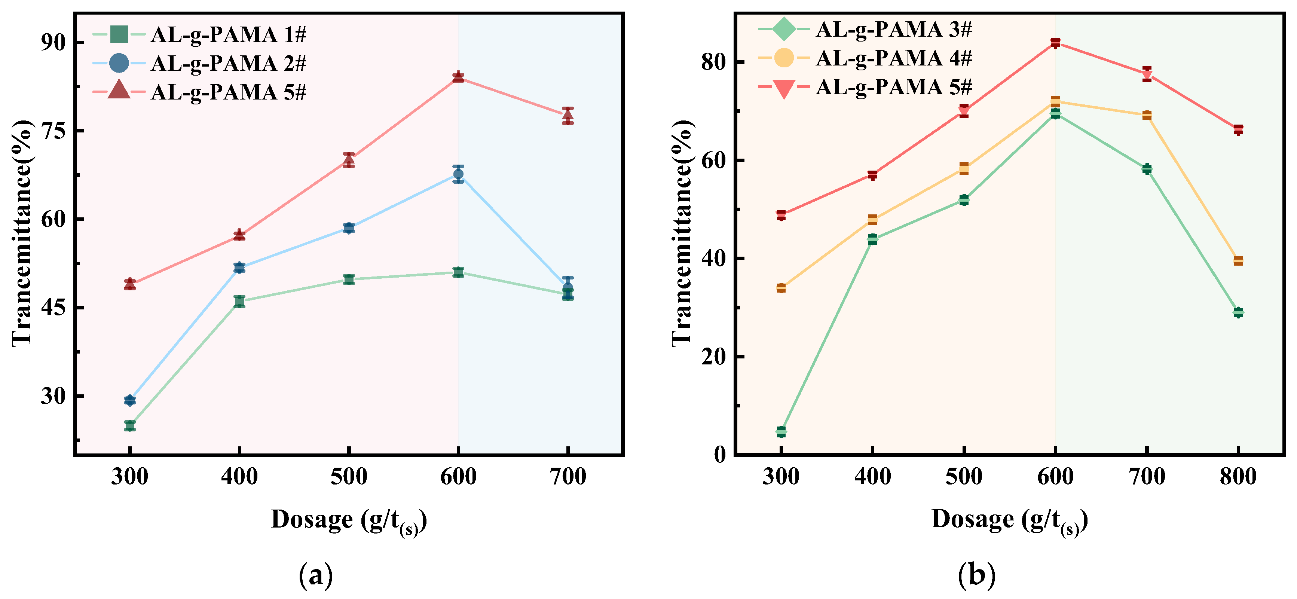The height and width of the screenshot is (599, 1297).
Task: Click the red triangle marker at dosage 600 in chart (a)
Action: (458, 77)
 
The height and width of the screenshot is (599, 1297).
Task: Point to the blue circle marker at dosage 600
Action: (458, 175)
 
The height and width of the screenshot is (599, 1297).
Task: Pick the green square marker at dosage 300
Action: (130, 426)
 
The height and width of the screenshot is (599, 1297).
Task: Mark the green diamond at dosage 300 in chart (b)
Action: (781, 432)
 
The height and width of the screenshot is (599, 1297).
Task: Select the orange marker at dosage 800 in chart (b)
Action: (1238, 261)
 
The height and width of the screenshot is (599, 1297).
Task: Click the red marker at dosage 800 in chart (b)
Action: (1238, 130)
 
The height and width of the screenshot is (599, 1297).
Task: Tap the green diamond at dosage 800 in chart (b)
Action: (1238, 312)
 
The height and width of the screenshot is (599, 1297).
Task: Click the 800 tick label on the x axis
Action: (1238, 476)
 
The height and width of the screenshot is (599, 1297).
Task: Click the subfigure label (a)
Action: (316, 575)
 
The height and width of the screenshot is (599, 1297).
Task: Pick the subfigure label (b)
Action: (977, 575)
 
